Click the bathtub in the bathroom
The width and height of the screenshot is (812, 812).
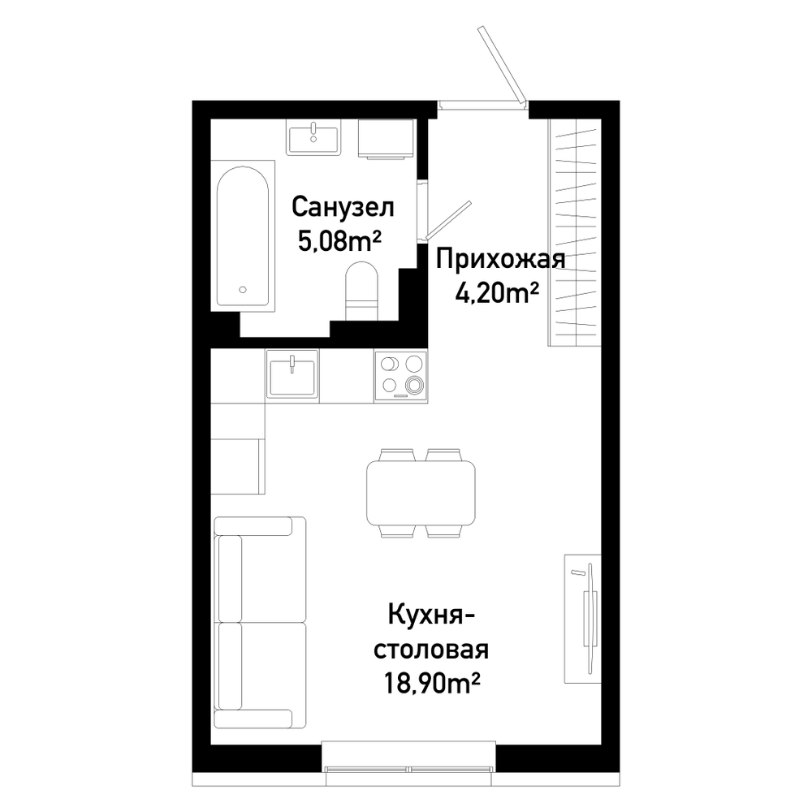pyautogui.click(x=242, y=236)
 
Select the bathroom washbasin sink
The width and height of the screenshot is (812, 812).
pyautogui.click(x=313, y=136)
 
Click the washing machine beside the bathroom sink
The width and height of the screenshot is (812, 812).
pyautogui.click(x=387, y=139)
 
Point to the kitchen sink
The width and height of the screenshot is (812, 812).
pyautogui.click(x=292, y=374)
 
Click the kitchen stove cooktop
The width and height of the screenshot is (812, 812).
pyautogui.click(x=401, y=375)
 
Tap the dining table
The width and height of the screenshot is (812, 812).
pyautogui.click(x=421, y=493)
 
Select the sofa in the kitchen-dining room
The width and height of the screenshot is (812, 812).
pyautogui.click(x=260, y=622)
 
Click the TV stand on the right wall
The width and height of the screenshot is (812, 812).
pyautogui.click(x=582, y=618)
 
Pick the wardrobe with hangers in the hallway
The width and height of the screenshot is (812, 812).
pyautogui.click(x=575, y=232)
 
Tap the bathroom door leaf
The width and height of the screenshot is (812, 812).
pyautogui.click(x=447, y=221)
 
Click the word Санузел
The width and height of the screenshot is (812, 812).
pyautogui.click(x=343, y=207)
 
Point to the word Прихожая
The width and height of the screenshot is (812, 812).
pyautogui.click(x=500, y=259)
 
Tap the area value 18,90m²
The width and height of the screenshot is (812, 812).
pyautogui.click(x=430, y=683)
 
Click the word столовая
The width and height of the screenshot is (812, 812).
pyautogui.click(x=431, y=650)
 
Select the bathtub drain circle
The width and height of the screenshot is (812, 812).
pyautogui.click(x=242, y=290)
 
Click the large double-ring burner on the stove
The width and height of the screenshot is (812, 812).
pyautogui.click(x=414, y=384)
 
